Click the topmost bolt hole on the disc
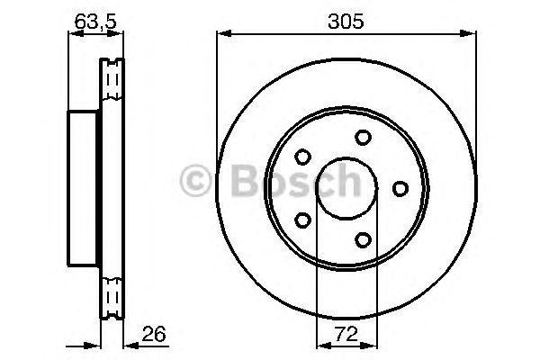[x=363, y=137]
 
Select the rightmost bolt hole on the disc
[x=400, y=187]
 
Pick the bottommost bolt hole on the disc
[x=363, y=239]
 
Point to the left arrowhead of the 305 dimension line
[x=221, y=34]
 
